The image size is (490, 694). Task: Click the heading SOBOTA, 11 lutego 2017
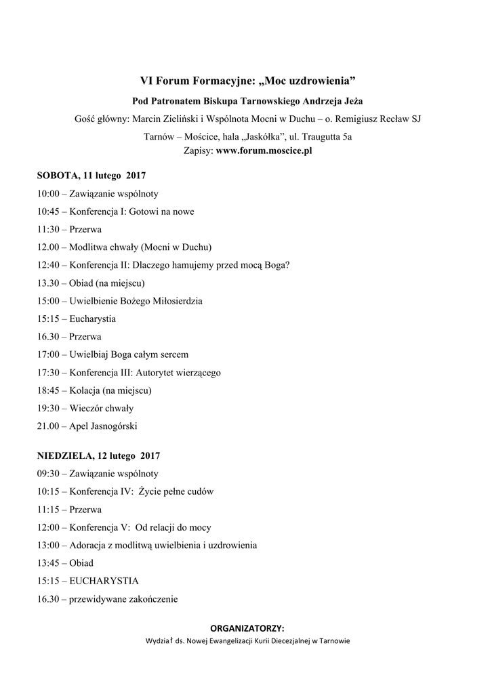pyautogui.click(x=91, y=176)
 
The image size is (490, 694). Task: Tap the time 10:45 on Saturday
pyautogui.click(x=49, y=211)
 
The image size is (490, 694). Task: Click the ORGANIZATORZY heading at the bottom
pyautogui.click(x=247, y=628)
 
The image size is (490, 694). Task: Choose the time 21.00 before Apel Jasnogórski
pyautogui.click(x=49, y=426)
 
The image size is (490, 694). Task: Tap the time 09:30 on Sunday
pyautogui.click(x=49, y=474)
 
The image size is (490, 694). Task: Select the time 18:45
pyautogui.click(x=49, y=390)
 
